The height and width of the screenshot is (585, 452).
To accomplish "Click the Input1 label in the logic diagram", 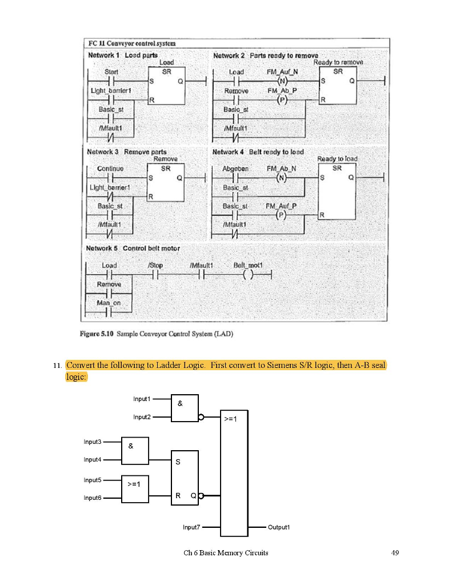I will [x=142, y=399].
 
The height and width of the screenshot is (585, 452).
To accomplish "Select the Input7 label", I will [x=191, y=527].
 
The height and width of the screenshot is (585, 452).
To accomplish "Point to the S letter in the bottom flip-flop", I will [x=177, y=463].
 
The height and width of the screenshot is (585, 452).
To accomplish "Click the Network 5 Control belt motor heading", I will [x=133, y=249].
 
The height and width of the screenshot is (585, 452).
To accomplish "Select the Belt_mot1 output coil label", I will [x=247, y=265].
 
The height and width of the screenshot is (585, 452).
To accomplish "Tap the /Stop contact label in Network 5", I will [x=155, y=265].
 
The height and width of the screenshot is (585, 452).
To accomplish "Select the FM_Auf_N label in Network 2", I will [x=282, y=72].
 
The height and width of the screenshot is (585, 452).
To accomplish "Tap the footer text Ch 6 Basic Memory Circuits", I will [x=226, y=553].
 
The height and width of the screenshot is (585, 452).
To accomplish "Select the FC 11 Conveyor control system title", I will [x=132, y=43].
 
